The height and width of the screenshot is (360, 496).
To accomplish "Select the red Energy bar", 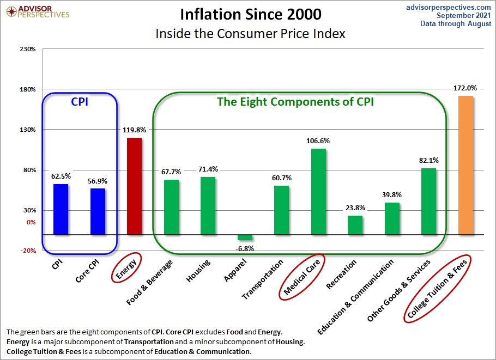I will (134, 186).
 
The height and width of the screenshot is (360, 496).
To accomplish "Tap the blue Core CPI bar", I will (98, 211).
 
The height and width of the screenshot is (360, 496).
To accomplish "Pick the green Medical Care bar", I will (318, 192).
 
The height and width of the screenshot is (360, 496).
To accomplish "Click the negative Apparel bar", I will (245, 237).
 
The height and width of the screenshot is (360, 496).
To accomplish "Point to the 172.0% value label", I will (465, 88).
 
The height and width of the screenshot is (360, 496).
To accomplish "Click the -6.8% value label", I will (245, 248).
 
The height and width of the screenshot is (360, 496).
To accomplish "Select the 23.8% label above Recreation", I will (355, 208).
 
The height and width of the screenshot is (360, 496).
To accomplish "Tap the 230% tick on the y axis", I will (27, 49).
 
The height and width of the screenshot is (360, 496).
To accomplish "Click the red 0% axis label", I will (30, 222).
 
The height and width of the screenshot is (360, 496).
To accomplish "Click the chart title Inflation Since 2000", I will (250, 14).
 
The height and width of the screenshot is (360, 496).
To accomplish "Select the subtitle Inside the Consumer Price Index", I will (250, 33).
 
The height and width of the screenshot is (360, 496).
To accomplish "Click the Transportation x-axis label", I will (263, 279).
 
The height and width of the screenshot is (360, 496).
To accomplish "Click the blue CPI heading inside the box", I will (80, 101).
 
